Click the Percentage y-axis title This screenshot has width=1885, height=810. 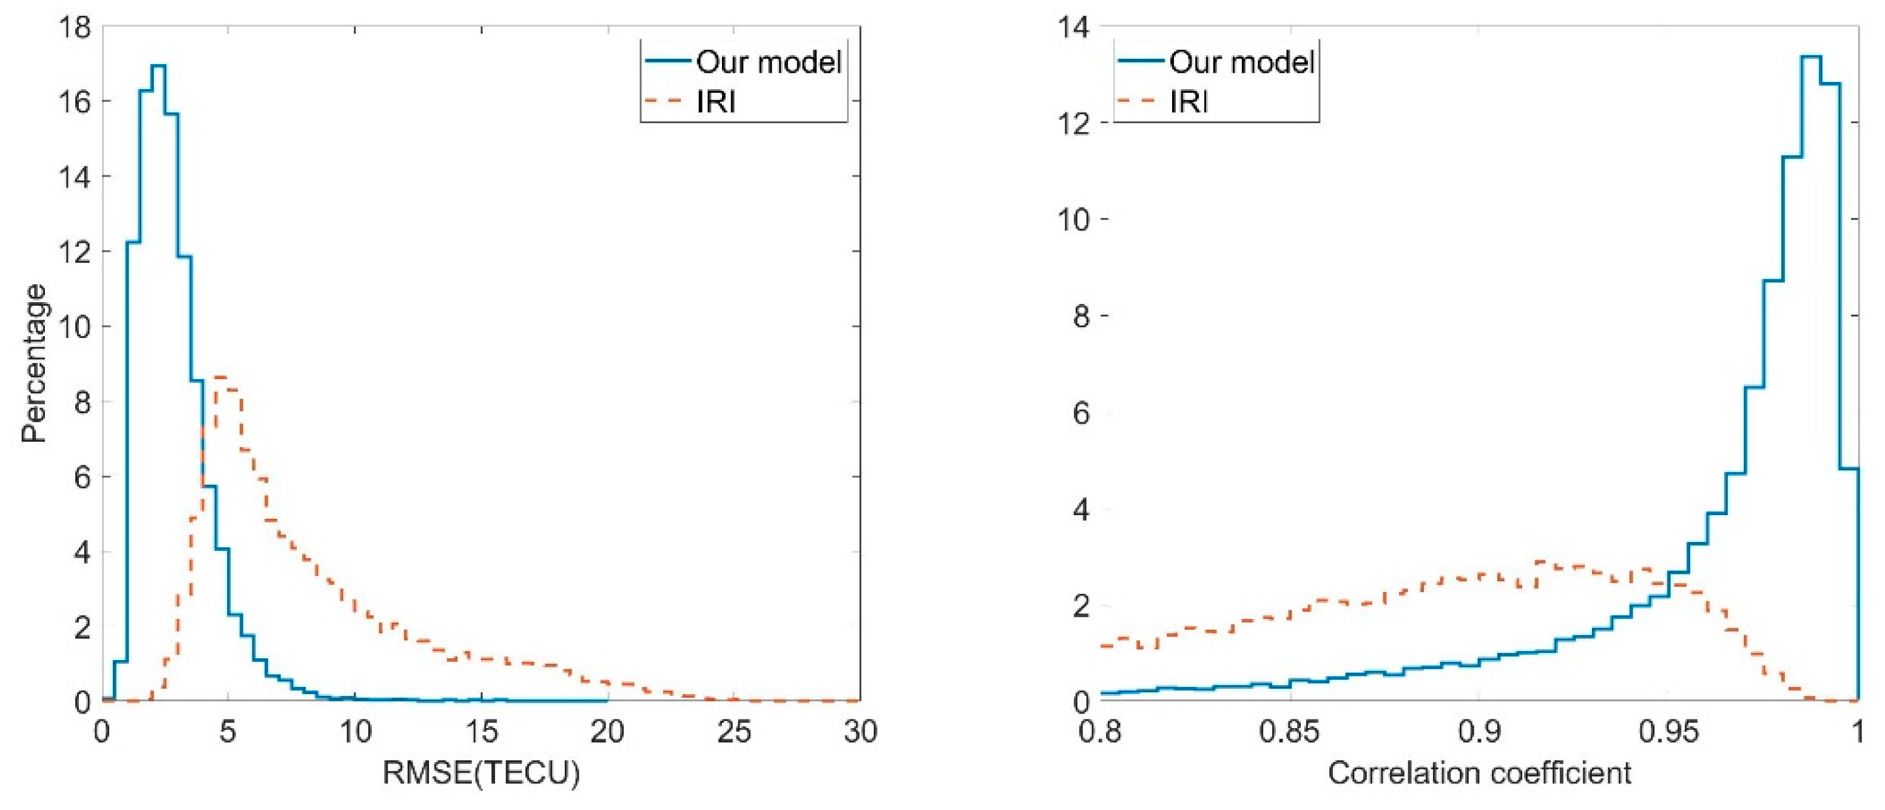[33, 363]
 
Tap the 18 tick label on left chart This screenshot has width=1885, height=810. [73, 28]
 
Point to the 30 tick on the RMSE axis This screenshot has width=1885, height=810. [860, 731]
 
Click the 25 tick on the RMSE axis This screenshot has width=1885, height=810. [734, 731]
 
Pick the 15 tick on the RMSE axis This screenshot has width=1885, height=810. [481, 731]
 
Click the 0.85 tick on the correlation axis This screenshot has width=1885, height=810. [1289, 731]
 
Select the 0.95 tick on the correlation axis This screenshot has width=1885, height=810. [1668, 731]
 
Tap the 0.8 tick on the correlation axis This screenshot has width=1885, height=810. [1100, 731]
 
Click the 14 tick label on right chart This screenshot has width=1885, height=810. [1073, 28]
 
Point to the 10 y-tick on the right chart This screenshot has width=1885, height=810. [1073, 219]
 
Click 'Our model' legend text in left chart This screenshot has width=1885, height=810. [768, 62]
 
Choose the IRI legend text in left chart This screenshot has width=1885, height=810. [716, 102]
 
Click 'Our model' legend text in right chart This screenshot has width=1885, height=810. [1242, 62]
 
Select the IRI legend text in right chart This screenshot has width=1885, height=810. [1189, 102]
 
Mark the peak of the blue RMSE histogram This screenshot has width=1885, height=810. [159, 66]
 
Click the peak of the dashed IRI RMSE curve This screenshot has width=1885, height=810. [221, 377]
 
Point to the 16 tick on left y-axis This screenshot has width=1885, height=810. [73, 102]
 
